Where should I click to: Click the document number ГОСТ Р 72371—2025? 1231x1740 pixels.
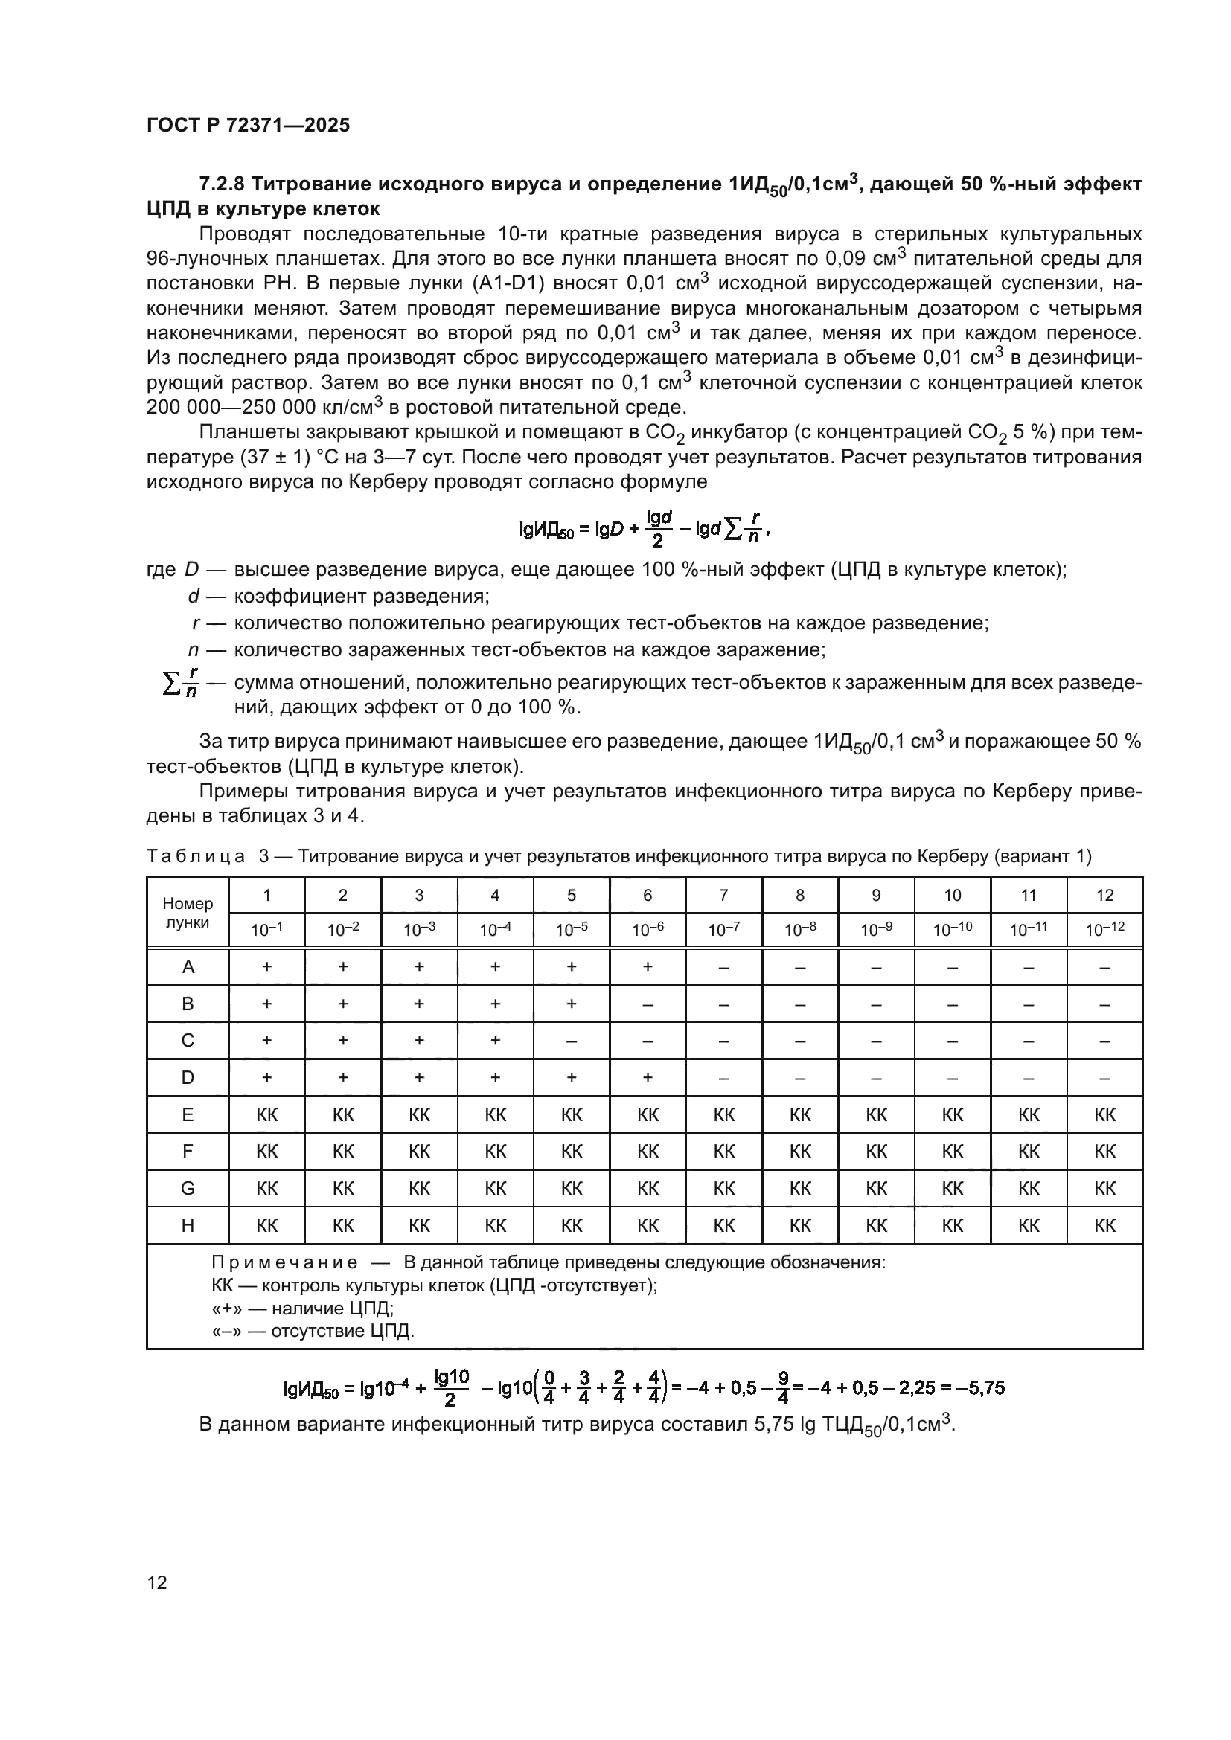click(248, 125)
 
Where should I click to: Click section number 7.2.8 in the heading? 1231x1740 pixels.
click(221, 184)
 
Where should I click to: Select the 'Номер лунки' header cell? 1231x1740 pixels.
click(188, 913)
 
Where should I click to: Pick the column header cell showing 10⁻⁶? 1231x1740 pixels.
click(648, 930)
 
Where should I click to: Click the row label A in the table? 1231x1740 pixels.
click(188, 967)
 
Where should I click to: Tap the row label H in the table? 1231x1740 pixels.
click(188, 1225)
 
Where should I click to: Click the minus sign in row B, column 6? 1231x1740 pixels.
click(648, 1004)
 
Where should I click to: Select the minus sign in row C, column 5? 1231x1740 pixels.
click(572, 1041)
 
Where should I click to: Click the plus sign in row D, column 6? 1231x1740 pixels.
click(648, 1078)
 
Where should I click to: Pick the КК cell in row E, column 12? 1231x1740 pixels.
click(1104, 1115)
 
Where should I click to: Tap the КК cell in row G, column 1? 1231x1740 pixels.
click(267, 1188)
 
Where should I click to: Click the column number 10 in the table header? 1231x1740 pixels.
click(952, 895)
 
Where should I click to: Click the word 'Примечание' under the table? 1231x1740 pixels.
click(284, 1262)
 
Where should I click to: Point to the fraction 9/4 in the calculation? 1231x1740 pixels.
click(783, 1388)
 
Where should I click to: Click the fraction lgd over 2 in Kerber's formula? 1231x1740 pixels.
click(658, 529)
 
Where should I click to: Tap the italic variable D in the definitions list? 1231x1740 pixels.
click(191, 569)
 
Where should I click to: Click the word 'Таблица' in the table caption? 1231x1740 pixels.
click(196, 856)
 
